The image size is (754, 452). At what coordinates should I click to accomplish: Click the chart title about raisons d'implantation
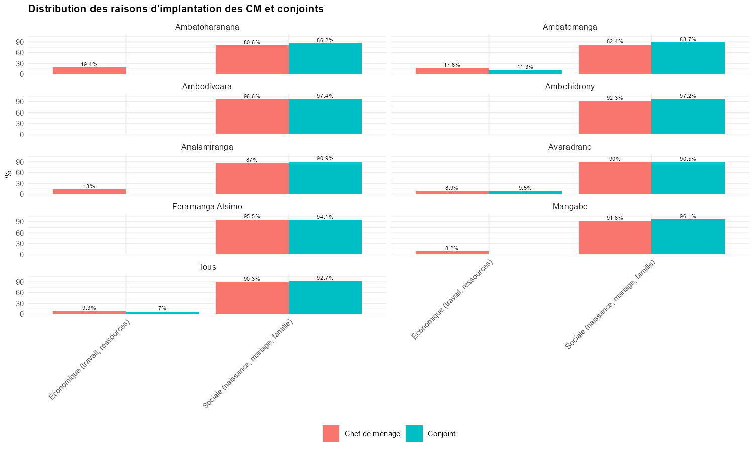click(175, 9)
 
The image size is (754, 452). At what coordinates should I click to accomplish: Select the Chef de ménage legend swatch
click(331, 434)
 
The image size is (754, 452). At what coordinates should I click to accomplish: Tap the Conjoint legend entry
click(441, 434)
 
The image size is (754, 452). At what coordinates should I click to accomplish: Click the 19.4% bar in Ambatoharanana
click(89, 71)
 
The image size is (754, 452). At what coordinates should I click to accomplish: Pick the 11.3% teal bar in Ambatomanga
click(525, 72)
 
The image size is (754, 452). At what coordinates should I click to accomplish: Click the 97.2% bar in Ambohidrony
click(688, 117)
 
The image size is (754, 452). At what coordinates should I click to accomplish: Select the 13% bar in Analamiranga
click(89, 192)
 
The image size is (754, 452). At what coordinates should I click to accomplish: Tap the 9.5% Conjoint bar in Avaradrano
click(525, 192)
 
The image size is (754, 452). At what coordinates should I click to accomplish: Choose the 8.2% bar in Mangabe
click(452, 253)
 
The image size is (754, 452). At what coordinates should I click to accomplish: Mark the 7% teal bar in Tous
click(162, 313)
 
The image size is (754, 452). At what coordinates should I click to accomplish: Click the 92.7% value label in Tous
click(325, 278)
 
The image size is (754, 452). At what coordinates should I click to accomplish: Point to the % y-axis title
click(8, 174)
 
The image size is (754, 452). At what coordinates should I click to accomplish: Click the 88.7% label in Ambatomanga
click(688, 39)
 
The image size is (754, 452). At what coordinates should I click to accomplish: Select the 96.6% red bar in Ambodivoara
click(252, 117)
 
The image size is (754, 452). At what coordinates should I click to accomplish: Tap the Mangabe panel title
click(570, 207)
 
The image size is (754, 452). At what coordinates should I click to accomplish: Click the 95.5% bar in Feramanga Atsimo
click(252, 237)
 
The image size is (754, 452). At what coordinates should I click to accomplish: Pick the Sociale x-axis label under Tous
click(247, 365)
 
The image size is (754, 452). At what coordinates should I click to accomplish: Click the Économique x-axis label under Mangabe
click(452, 300)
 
